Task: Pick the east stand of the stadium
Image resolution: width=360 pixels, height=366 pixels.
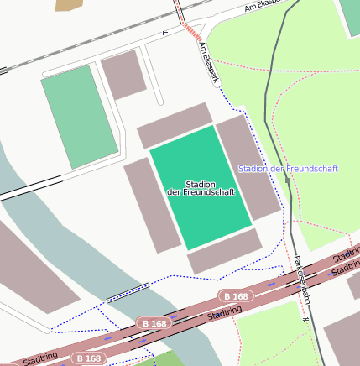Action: point(248,166)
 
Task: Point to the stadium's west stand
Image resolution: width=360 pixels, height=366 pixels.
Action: point(152,205)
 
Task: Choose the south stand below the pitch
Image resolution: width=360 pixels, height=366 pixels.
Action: point(225,250)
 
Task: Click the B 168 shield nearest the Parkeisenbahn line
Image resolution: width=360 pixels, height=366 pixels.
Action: point(236,296)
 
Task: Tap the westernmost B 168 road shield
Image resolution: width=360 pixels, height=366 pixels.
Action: point(88,358)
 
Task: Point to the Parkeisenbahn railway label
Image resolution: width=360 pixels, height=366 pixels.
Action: point(300,290)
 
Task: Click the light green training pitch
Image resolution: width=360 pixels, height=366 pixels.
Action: point(79,117)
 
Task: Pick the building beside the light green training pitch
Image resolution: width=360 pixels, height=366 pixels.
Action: point(123,75)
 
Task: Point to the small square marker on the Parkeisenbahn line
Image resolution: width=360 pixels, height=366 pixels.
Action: point(288,180)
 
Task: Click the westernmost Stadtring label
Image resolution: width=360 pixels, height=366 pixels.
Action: point(40,359)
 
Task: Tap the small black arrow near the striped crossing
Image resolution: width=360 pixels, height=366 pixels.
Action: point(165,32)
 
